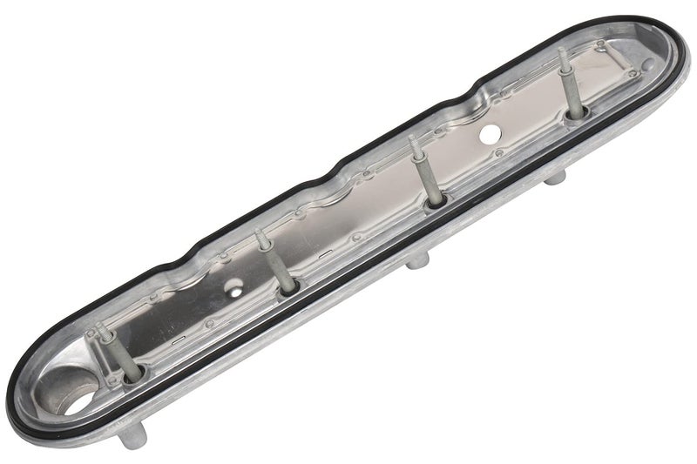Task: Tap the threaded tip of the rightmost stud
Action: click(561, 55)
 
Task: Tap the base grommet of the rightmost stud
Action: click(576, 113)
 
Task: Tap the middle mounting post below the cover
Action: click(418, 261)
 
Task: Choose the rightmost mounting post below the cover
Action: click(557, 178)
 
